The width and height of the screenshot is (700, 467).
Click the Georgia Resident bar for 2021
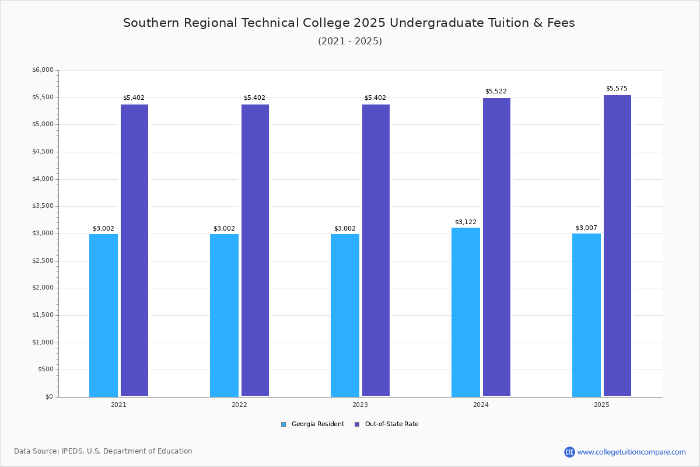(103, 315)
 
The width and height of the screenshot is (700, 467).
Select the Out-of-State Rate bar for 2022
(255, 250)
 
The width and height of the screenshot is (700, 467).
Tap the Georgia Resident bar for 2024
(466, 312)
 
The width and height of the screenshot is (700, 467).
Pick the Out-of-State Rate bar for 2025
(617, 246)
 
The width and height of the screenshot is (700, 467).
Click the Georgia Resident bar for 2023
(345, 315)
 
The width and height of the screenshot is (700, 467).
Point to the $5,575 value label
(617, 88)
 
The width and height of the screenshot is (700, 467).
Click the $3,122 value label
(466, 222)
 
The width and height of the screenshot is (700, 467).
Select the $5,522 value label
(496, 91)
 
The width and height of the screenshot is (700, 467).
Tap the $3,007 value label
(586, 228)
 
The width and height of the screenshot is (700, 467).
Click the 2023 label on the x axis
(360, 405)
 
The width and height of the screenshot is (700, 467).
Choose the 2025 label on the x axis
(601, 405)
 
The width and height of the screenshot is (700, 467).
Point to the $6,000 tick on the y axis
(43, 69)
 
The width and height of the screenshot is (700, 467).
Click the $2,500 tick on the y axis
(43, 260)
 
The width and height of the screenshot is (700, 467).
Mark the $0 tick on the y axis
(50, 396)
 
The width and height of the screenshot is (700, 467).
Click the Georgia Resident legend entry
(313, 424)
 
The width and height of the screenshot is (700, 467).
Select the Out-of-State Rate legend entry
(387, 424)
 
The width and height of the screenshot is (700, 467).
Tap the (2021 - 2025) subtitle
(350, 41)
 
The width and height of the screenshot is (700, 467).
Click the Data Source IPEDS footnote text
(103, 451)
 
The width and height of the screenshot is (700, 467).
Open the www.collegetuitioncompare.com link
(631, 452)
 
